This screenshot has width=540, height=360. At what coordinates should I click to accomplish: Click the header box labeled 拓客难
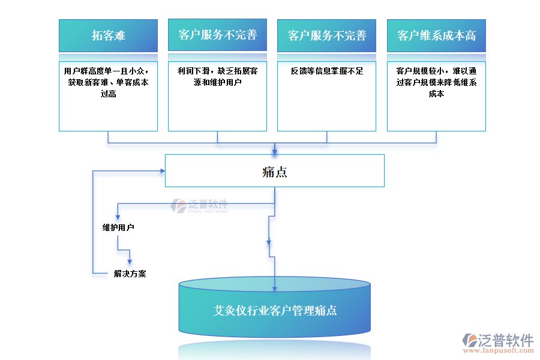(108, 35)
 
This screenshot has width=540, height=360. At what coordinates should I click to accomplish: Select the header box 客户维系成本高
(436, 35)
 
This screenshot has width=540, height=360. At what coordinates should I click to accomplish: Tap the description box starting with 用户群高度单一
(108, 96)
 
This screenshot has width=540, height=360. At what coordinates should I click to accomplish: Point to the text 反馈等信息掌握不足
(327, 71)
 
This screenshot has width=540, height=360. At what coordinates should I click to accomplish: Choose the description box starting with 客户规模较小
(436, 96)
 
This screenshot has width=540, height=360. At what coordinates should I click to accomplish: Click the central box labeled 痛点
(275, 171)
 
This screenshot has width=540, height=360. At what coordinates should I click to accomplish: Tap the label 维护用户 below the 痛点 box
(118, 228)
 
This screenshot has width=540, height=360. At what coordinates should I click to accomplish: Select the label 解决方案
(130, 274)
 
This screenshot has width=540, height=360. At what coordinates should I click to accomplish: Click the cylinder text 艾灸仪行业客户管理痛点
(275, 310)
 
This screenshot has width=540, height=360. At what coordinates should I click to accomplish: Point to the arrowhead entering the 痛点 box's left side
(161, 171)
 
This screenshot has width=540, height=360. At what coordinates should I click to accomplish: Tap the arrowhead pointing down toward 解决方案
(130, 261)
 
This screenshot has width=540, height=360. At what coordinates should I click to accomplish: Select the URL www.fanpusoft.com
(498, 353)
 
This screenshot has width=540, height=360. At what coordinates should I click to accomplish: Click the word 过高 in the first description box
(108, 94)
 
